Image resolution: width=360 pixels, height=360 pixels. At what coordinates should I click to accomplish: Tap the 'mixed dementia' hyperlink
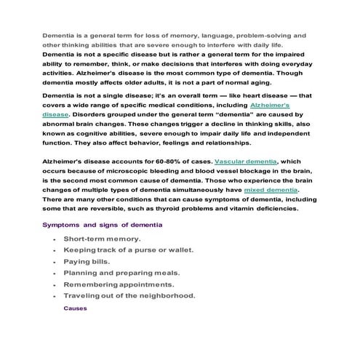coord(271,189)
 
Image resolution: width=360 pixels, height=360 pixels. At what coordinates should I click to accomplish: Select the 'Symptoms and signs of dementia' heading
coord(102,225)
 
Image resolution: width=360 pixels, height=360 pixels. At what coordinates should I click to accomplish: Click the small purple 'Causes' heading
coord(75,308)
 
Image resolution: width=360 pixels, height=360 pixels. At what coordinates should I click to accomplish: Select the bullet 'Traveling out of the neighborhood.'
coord(129,296)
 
